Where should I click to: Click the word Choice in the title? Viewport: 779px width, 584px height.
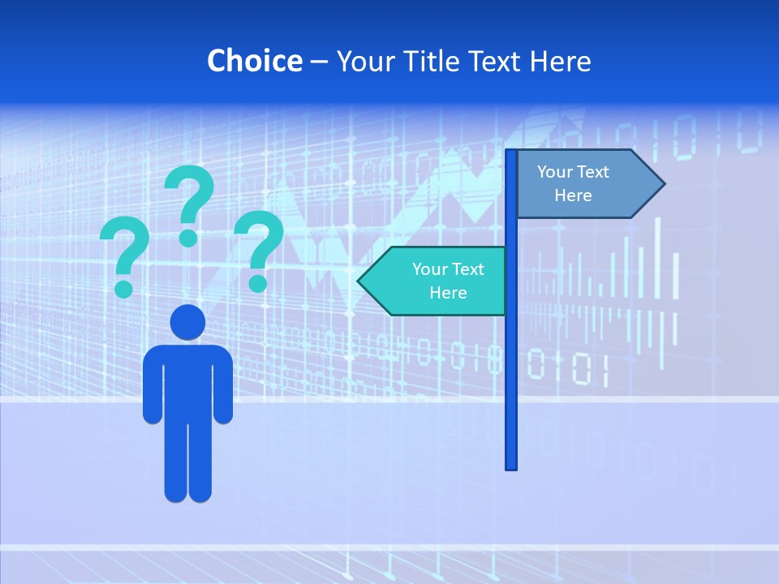[x=254, y=61]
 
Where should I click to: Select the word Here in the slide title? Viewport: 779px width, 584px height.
[x=560, y=61]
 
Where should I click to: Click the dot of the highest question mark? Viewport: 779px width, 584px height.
[x=188, y=238]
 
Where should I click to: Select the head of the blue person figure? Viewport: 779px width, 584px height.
[x=187, y=322]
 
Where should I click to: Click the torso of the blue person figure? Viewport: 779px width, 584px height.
[x=187, y=381]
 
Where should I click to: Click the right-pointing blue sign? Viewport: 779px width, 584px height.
[x=584, y=184]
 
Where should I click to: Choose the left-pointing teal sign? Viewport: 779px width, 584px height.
[x=438, y=281]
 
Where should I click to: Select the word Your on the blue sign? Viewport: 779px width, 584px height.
[x=554, y=172]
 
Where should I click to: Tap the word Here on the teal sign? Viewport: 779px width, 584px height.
[x=448, y=293]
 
